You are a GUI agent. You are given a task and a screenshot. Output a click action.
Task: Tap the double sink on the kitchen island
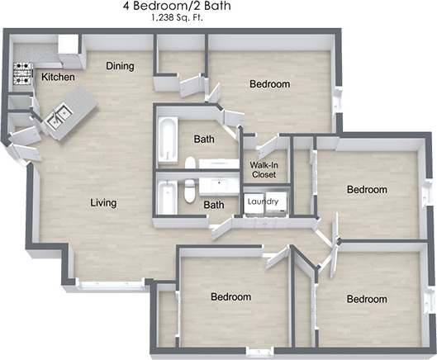(x=56, y=120)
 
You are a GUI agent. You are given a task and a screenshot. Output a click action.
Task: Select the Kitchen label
(x=58, y=78)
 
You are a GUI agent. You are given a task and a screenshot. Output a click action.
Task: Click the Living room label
(x=103, y=203)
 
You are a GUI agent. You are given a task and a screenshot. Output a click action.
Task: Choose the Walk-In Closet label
(x=264, y=170)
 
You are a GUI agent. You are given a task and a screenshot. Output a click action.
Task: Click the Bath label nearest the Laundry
(x=214, y=205)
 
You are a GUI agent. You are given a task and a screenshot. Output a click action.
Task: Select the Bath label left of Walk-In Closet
(x=204, y=140)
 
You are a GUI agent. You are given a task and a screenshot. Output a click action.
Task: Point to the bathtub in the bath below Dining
(x=168, y=140)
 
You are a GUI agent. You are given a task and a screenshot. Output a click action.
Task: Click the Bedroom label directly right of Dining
(x=269, y=84)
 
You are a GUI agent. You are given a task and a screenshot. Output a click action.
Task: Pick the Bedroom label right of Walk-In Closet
(x=366, y=189)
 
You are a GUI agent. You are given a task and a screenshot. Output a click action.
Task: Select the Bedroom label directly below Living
(x=230, y=296)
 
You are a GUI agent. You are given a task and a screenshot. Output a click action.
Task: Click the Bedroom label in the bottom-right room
(x=367, y=298)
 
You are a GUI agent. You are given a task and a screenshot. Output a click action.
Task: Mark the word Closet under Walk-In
(x=264, y=175)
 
